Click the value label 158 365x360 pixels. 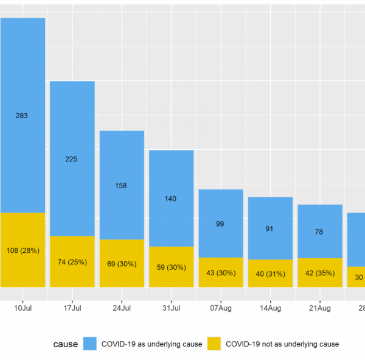coord(122,185)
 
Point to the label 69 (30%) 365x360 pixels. coord(122,264)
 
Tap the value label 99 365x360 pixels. coord(221,224)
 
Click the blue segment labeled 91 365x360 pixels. coord(271,229)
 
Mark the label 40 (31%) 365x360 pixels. coord(271,274)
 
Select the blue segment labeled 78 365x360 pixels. coord(320,231)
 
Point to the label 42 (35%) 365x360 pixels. coord(320,273)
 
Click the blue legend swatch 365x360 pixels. coord(92,344)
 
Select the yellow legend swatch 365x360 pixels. coord(215,344)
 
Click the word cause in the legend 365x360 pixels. coord(66,344)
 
